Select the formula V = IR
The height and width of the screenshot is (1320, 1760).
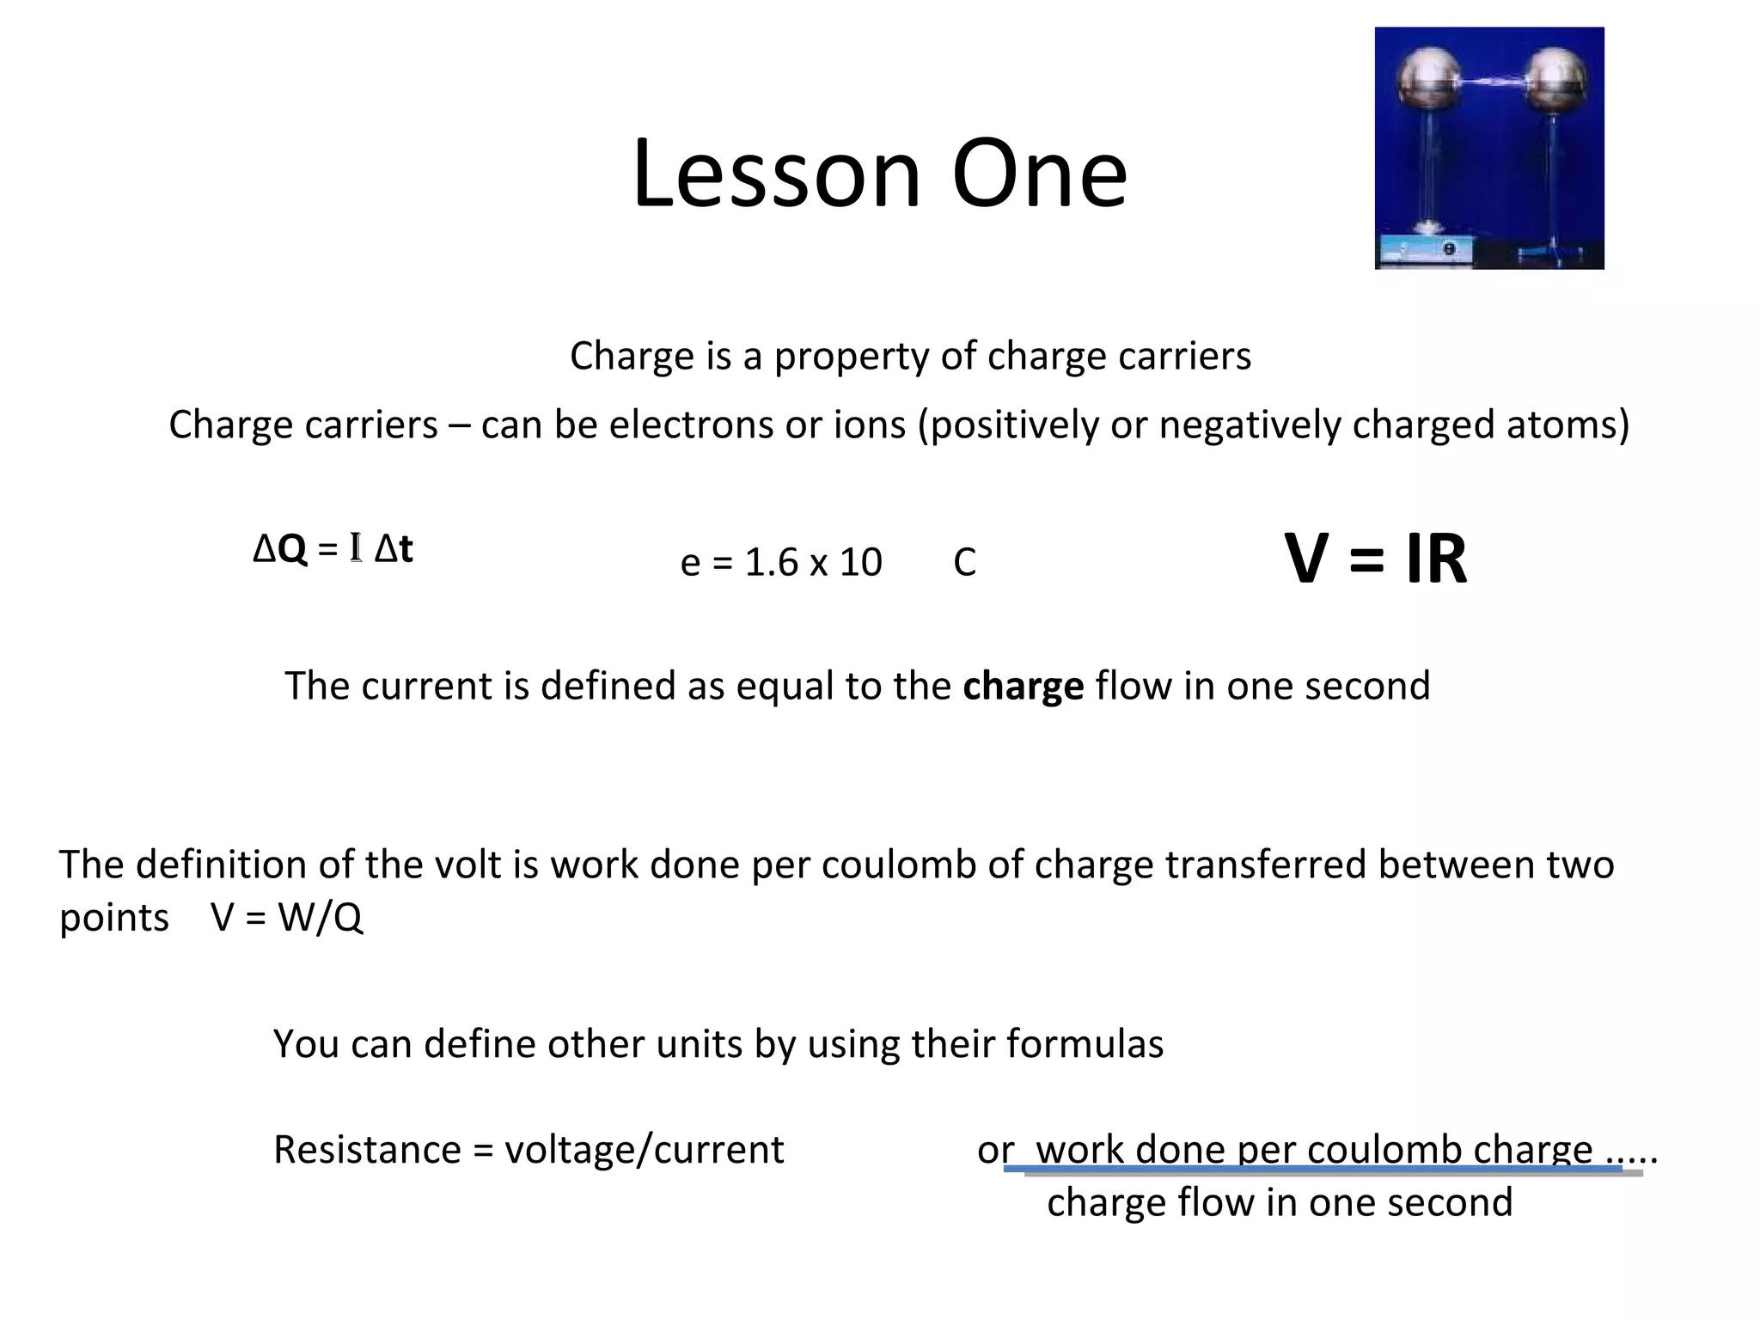point(1376,559)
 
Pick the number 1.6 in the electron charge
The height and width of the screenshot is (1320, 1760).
point(772,563)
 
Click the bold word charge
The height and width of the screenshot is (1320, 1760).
point(1023,687)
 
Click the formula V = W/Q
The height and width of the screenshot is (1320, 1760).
point(287,918)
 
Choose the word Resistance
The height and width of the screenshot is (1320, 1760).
point(367,1150)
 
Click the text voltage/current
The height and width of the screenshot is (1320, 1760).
point(644,1150)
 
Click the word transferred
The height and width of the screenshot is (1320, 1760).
point(1265,865)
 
